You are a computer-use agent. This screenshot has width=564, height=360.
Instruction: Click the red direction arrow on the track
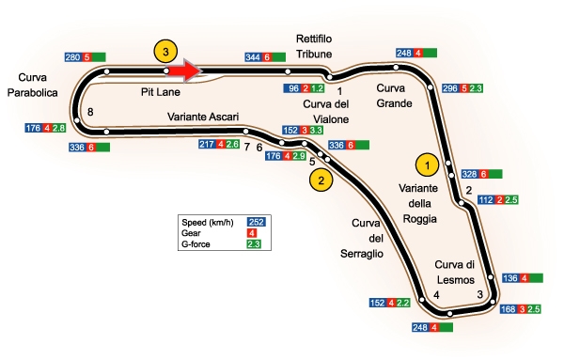pyautogui.click(x=184, y=70)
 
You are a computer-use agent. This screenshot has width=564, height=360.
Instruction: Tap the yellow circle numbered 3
pyautogui.click(x=165, y=52)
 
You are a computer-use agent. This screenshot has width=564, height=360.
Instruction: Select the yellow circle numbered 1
pyautogui.click(x=427, y=165)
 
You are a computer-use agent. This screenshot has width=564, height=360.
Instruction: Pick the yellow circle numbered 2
pyautogui.click(x=321, y=180)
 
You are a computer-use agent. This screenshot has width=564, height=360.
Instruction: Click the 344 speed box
pyautogui.click(x=253, y=57)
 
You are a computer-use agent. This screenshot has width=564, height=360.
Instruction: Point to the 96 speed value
pyautogui.click(x=292, y=88)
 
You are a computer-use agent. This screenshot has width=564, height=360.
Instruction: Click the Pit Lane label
pyautogui.click(x=161, y=92)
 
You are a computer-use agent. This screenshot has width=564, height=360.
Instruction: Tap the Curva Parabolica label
pyautogui.click(x=32, y=85)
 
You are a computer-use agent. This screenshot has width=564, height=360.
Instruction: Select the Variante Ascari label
pyautogui.click(x=203, y=117)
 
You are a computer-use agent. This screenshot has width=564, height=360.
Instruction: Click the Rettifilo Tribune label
pyautogui.click(x=314, y=46)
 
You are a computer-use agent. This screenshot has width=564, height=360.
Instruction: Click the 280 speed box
pyautogui.click(x=73, y=57)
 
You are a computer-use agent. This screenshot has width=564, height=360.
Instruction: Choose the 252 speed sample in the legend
pyautogui.click(x=256, y=222)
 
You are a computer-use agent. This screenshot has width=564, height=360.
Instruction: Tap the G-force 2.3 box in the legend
pyautogui.click(x=253, y=244)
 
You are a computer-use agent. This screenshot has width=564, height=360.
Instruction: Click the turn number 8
pyautogui.click(x=90, y=112)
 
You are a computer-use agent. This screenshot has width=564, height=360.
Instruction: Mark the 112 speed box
pyautogui.click(x=487, y=200)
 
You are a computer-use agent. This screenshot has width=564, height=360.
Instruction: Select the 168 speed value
pyautogui.click(x=509, y=309)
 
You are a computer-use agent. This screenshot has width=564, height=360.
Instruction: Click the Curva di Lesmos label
pyautogui.click(x=455, y=273)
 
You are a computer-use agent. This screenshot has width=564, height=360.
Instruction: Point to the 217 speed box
pyautogui.click(x=207, y=144)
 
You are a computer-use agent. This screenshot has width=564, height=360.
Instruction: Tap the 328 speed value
pyautogui.click(x=470, y=175)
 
